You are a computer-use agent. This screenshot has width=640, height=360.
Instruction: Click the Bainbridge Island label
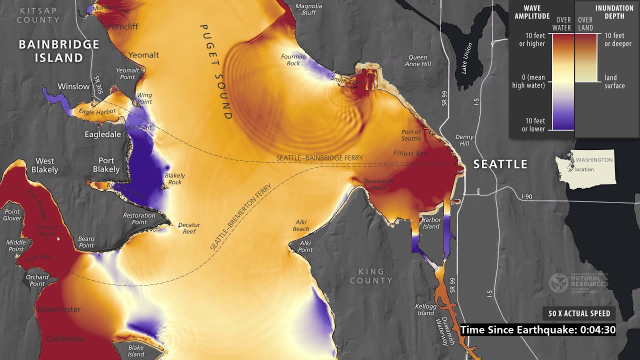59,51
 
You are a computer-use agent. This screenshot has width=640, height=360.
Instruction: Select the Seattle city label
500,164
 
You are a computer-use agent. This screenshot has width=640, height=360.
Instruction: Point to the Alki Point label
305,246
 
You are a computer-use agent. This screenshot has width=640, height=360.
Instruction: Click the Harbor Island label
431,223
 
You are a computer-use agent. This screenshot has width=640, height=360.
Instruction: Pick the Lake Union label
467,58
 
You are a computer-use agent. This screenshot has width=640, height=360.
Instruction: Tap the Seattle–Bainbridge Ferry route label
319,158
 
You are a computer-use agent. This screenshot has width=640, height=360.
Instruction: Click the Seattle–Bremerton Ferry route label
240,217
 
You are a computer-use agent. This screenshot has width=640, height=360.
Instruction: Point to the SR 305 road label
98,85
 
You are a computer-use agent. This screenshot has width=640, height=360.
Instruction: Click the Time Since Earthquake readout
538,330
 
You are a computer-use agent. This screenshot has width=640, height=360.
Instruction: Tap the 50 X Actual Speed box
579,313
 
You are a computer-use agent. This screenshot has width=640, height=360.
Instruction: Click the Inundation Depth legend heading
614,12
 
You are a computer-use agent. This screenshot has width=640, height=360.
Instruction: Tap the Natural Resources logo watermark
578,283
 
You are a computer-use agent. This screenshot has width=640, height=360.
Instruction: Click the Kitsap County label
38,15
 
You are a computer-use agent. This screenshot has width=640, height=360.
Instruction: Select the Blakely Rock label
174,178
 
